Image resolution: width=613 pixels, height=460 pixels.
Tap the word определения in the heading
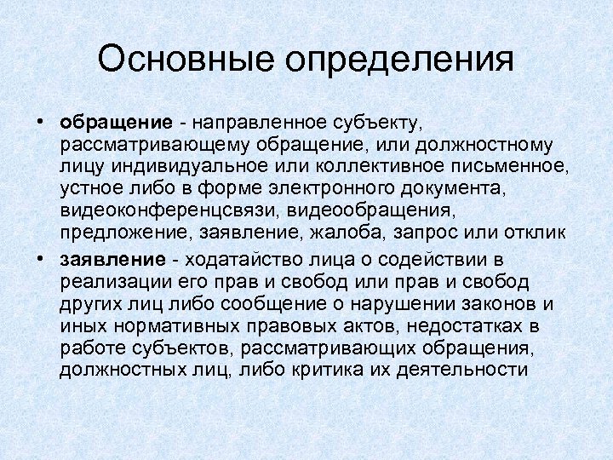pos(398,61)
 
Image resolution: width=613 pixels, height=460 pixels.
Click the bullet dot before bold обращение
pos(41,124)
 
